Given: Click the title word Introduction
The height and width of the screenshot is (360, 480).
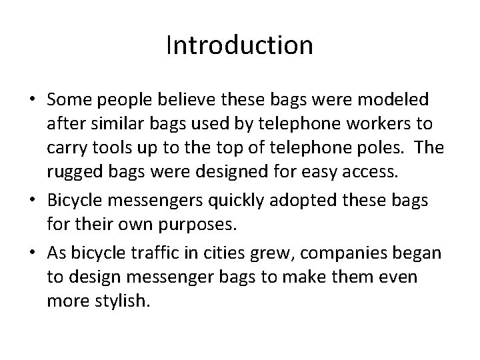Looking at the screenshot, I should [x=239, y=45].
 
